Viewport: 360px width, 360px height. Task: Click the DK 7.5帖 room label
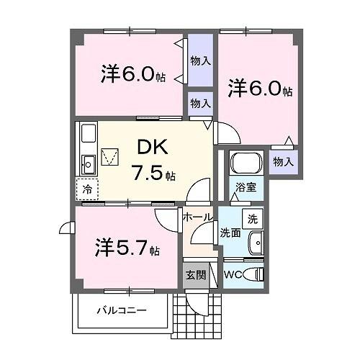pyautogui.click(x=152, y=160)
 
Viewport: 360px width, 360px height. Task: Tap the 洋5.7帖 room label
pyautogui.click(x=127, y=248)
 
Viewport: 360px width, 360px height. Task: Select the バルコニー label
pyautogui.click(x=122, y=311)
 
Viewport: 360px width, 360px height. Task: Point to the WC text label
pyautogui.click(x=233, y=275)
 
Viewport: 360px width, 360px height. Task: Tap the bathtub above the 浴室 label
pyautogui.click(x=246, y=164)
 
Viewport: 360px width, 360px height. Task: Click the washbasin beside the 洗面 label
pyautogui.click(x=256, y=243)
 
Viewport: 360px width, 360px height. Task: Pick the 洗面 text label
pyautogui.click(x=230, y=233)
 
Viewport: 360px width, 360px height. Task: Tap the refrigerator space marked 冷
pyautogui.click(x=86, y=190)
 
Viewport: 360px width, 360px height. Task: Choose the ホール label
pyautogui.click(x=197, y=217)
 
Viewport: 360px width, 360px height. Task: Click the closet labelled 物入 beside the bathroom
pyautogui.click(x=284, y=163)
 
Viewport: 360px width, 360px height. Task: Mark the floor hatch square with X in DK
pyautogui.click(x=111, y=156)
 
